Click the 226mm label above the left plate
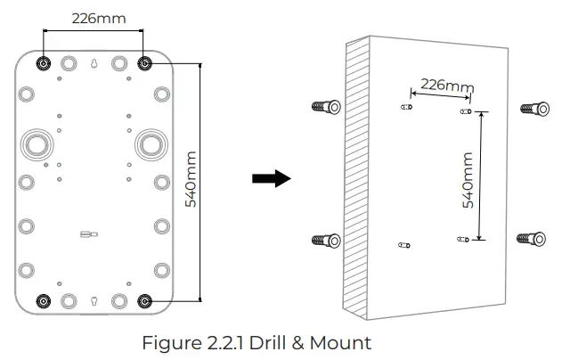coord(94,17)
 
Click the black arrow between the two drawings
coord(271,178)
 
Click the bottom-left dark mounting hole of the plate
coord(43,301)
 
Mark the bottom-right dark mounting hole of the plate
coord(145,301)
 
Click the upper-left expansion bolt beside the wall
coord(325,108)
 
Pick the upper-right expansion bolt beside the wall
coord(535,109)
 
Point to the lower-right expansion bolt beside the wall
coord(534,238)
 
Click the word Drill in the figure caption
coord(274,342)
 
